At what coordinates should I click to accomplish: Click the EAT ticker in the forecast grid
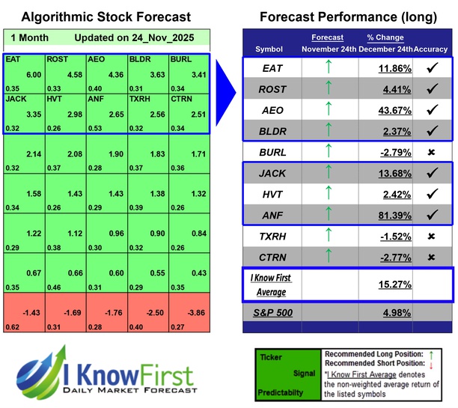pos(13,58)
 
